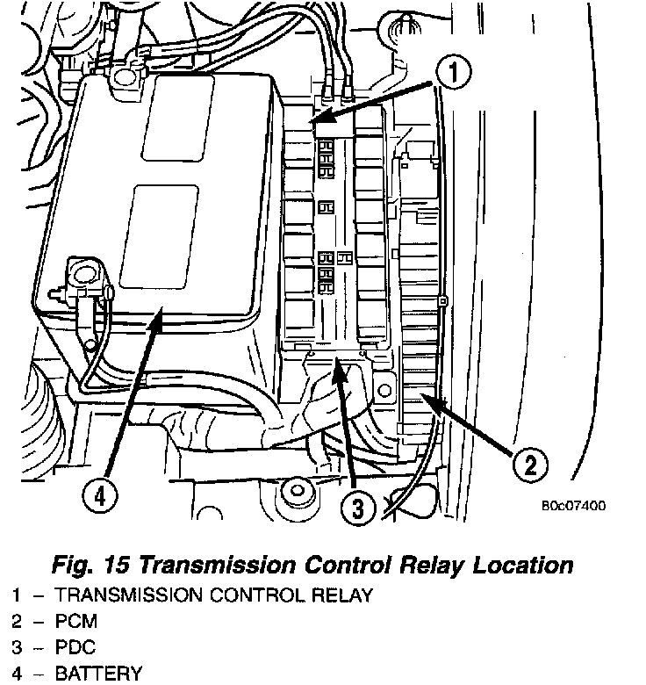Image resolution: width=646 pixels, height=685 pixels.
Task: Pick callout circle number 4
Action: [98, 497]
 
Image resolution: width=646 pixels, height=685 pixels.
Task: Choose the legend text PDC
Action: [75, 647]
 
